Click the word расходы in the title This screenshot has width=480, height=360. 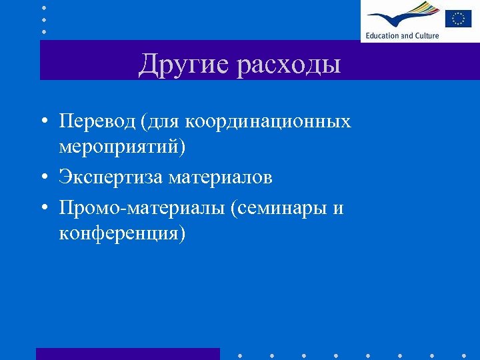pyautogui.click(x=289, y=65)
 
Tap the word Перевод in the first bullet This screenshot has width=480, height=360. pyautogui.click(x=97, y=121)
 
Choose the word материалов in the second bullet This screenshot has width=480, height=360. pyautogui.click(x=220, y=177)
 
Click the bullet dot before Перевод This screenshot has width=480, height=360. pyautogui.click(x=43, y=123)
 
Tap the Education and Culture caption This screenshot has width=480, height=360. pyautogui.click(x=402, y=35)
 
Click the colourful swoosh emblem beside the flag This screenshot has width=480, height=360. pyautogui.click(x=401, y=15)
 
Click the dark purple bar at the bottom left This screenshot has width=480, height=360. pyautogui.click(x=127, y=353)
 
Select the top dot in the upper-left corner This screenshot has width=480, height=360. pyautogui.click(x=44, y=8)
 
